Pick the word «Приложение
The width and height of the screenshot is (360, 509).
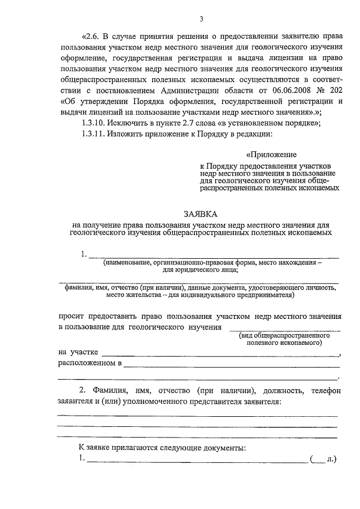pos(272,154)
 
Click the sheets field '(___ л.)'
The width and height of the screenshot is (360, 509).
pos(322,460)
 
